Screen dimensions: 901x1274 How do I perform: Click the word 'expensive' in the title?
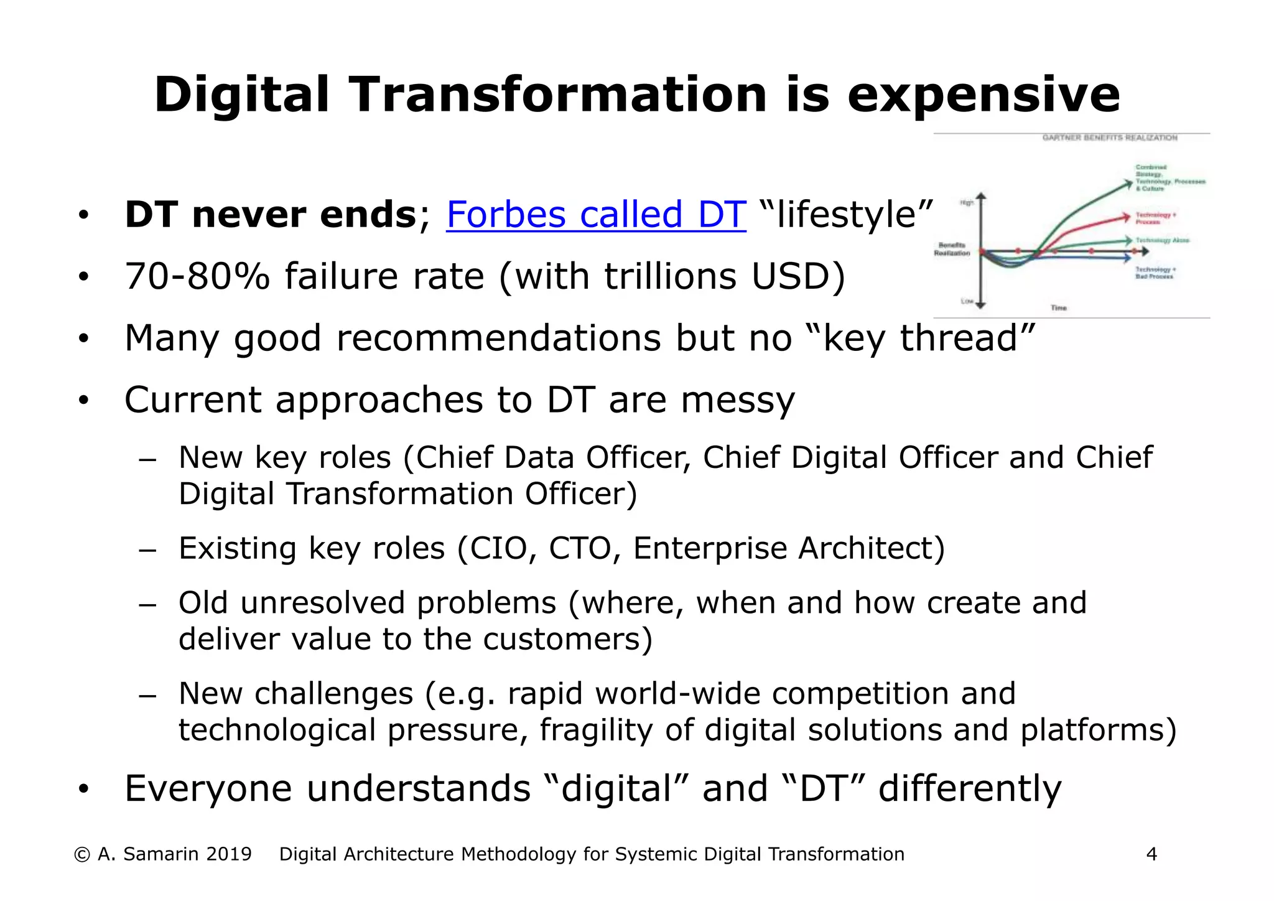(983, 95)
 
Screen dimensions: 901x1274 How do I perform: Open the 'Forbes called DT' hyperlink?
(595, 215)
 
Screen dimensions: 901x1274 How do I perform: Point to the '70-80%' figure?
(197, 276)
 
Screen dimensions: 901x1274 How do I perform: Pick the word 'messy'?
(737, 399)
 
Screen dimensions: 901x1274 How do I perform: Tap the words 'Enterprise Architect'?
(783, 548)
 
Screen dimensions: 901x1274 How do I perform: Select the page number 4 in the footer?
(1151, 854)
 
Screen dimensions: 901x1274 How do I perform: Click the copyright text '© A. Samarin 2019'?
(162, 854)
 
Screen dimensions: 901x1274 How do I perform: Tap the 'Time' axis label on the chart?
(1058, 308)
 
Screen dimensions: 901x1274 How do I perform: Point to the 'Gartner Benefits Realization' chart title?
(1110, 138)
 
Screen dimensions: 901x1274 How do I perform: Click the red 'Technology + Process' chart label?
(1155, 218)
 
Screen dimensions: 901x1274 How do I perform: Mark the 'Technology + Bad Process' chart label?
(1155, 273)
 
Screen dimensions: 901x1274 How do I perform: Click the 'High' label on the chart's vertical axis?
(967, 203)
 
